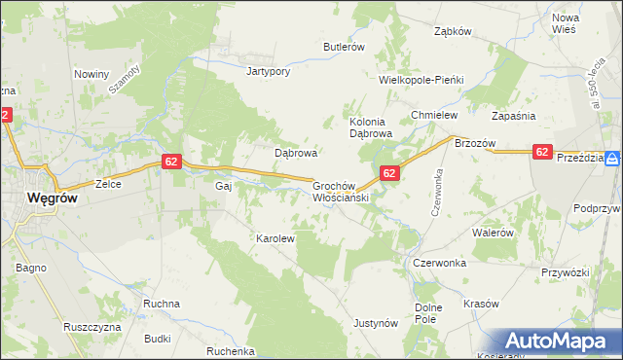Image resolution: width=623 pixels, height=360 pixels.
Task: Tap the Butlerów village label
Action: click(344, 47)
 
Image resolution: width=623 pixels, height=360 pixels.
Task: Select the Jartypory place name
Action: click(270, 71)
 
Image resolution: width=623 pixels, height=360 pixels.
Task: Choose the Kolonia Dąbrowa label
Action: click(370, 126)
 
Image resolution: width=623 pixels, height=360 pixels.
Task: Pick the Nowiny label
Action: click(91, 73)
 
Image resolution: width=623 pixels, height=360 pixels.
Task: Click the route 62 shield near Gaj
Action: click(170, 162)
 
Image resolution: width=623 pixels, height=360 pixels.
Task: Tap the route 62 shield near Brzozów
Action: click(542, 152)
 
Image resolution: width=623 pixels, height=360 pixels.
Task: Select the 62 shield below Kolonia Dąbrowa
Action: click(388, 173)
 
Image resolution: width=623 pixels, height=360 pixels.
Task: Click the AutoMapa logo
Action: click(559, 342)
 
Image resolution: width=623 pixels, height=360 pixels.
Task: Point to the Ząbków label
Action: click(453, 31)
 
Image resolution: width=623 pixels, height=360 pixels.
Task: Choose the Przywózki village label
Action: click(569, 273)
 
